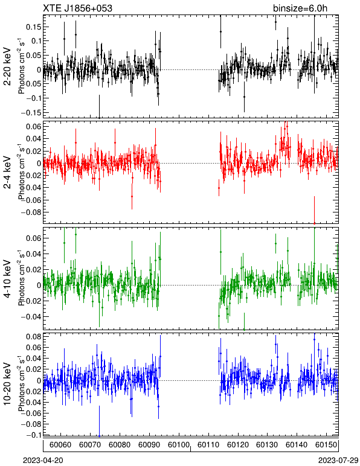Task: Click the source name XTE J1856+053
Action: pyautogui.click(x=78, y=8)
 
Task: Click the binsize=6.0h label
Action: pyautogui.click(x=300, y=8)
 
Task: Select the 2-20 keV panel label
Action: pyautogui.click(x=7, y=66)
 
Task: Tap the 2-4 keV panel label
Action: pyautogui.click(x=7, y=173)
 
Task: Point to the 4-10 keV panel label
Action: pyautogui.click(x=7, y=279)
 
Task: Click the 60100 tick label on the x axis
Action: pyautogui.click(x=179, y=445)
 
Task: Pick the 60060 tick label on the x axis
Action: pyautogui.click(x=60, y=445)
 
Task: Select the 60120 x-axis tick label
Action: pyautogui.click(x=238, y=445)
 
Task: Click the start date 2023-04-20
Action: pyautogui.click(x=43, y=461)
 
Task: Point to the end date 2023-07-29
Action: pyautogui.click(x=338, y=461)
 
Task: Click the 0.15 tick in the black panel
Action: pyautogui.click(x=34, y=27)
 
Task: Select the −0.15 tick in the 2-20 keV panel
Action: pyautogui.click(x=31, y=113)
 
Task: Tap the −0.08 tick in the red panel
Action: pyautogui.click(x=31, y=212)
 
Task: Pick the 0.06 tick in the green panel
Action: pyautogui.click(x=34, y=238)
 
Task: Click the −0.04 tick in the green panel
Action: pyautogui.click(x=31, y=317)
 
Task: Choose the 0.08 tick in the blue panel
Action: pyautogui.click(x=34, y=337)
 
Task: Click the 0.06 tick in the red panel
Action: pyautogui.click(x=34, y=127)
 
